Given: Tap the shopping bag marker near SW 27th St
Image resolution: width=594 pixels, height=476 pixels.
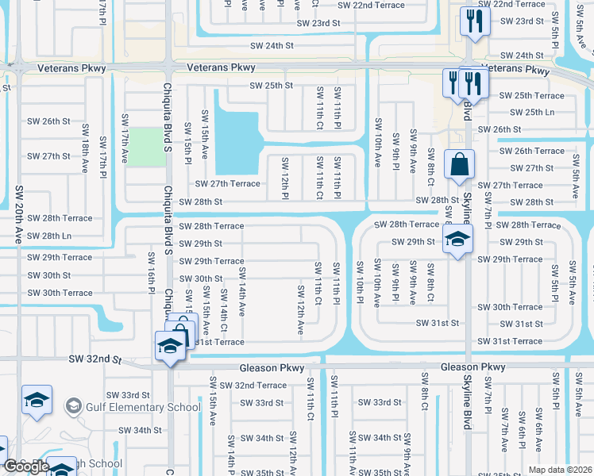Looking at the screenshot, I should pyautogui.click(x=459, y=165).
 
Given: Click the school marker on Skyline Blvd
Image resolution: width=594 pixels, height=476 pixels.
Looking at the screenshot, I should pyautogui.click(x=457, y=240).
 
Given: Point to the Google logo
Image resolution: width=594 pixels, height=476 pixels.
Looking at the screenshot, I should pyautogui.click(x=26, y=466).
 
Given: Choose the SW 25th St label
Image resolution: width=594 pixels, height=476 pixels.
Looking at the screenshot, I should pyautogui.click(x=271, y=86).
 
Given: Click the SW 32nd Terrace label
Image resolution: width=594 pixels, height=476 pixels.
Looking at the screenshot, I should pyautogui.click(x=253, y=386).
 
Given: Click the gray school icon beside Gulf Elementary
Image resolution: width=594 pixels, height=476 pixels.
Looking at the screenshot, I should pyautogui.click(x=74, y=407).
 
